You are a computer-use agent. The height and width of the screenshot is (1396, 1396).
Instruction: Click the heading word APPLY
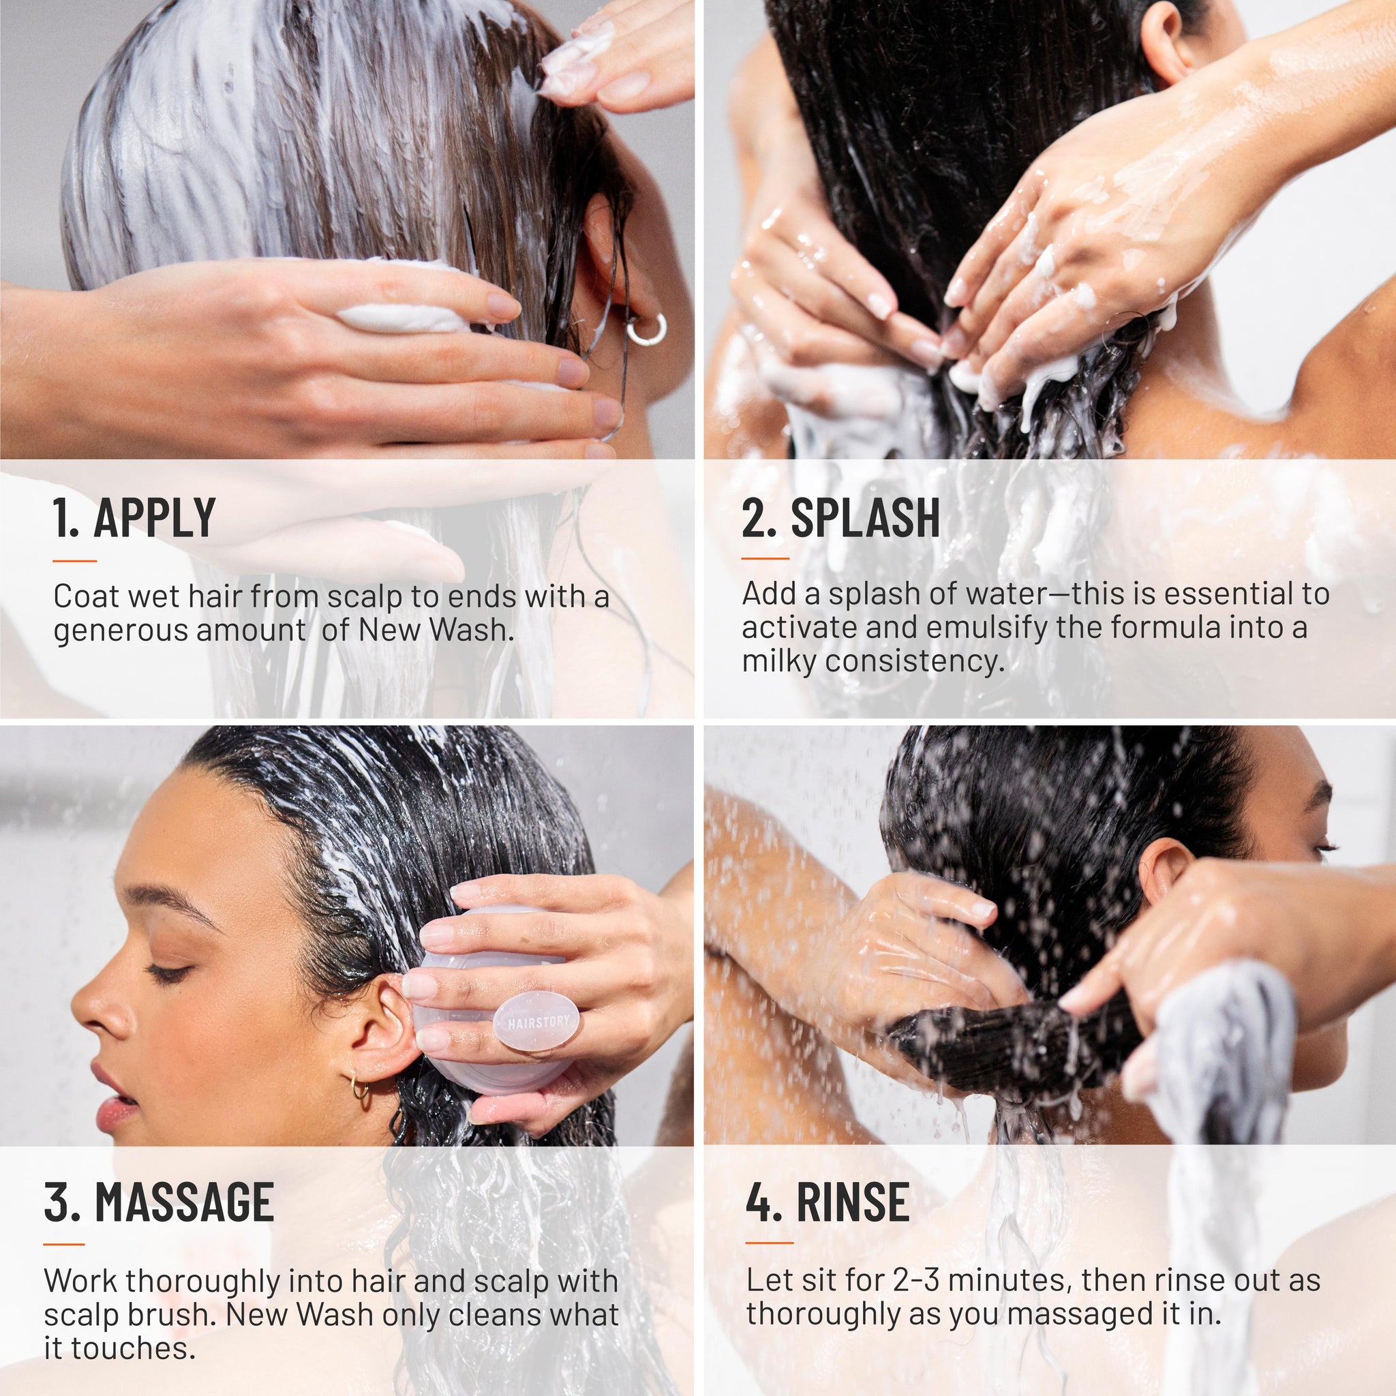(154, 517)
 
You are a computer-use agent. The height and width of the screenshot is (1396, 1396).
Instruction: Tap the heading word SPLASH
(865, 517)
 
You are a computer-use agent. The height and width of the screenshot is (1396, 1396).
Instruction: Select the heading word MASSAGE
(184, 1203)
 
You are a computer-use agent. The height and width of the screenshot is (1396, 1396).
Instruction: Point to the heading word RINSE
(853, 1203)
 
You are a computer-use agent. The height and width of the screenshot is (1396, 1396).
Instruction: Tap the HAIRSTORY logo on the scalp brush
(538, 1022)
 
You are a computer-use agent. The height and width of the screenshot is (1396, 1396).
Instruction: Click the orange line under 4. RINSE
(769, 1243)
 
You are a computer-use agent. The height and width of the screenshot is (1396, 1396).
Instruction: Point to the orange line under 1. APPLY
(74, 560)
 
